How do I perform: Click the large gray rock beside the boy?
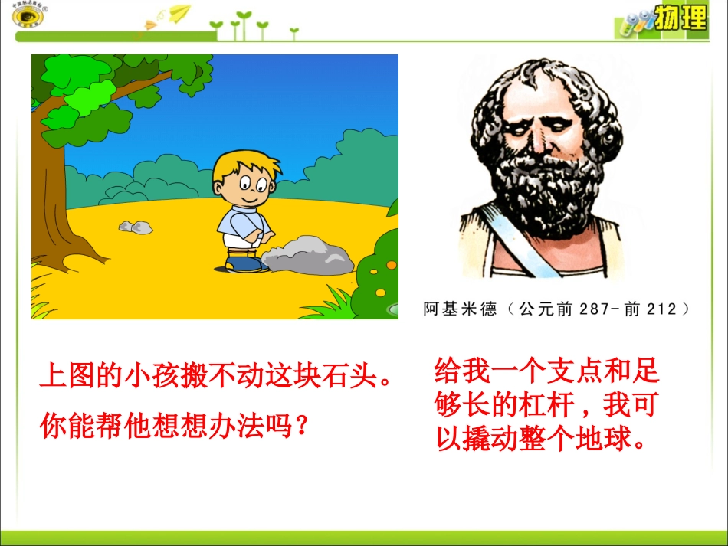coord(308,256)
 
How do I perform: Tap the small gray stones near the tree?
coord(136,226)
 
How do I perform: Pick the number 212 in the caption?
coord(661,309)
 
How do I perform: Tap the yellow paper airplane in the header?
coord(179,12)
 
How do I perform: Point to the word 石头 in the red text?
coord(356,377)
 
